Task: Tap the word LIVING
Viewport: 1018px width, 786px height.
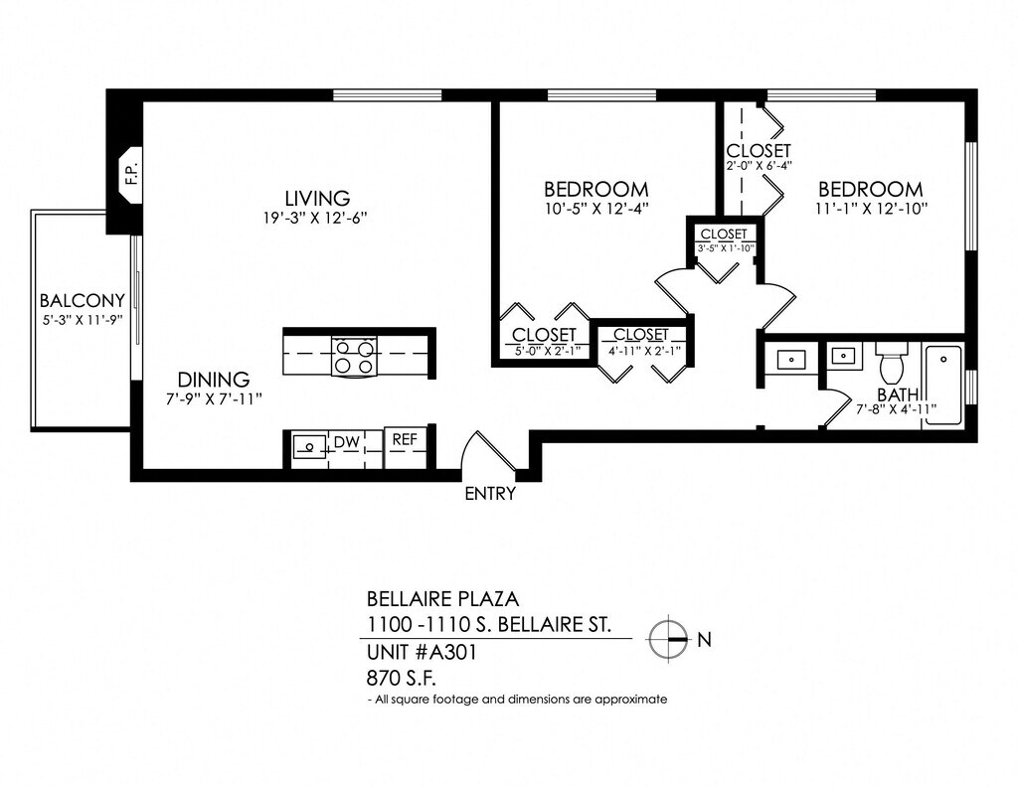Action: click(x=317, y=198)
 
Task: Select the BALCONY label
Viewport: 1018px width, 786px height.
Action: click(x=82, y=300)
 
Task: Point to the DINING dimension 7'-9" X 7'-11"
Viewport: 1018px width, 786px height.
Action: click(x=214, y=399)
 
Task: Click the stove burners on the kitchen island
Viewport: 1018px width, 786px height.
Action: click(x=355, y=357)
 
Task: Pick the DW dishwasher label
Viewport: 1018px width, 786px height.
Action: click(x=347, y=442)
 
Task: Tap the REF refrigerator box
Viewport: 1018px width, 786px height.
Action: click(x=406, y=447)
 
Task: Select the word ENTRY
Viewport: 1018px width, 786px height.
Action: click(x=490, y=494)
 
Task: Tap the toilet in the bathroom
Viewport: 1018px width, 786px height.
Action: click(x=892, y=364)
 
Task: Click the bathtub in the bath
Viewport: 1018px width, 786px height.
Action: click(x=942, y=387)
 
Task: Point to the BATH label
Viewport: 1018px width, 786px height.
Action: click(x=898, y=394)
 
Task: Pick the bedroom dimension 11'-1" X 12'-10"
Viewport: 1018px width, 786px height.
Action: click(x=871, y=209)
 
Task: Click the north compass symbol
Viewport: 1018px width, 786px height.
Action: click(x=667, y=639)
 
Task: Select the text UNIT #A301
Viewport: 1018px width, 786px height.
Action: click(x=422, y=652)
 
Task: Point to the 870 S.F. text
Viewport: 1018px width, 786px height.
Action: click(x=402, y=679)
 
